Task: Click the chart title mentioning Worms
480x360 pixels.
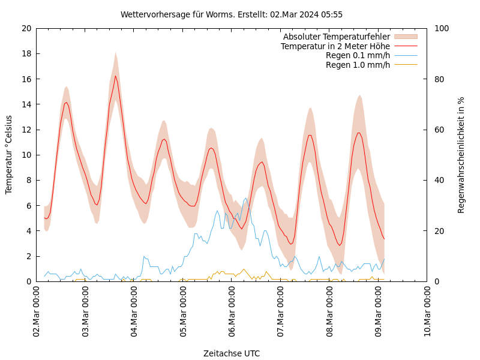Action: pos(232,14)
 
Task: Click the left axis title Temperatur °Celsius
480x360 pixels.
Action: pos(9,155)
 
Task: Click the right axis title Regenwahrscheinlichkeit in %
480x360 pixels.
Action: pos(461,155)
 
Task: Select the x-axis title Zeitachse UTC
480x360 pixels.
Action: pos(232,353)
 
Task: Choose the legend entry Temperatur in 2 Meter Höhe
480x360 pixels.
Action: pos(335,46)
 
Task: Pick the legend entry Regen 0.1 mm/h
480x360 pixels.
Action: pos(358,55)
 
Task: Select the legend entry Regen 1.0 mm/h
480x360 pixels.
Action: pos(358,64)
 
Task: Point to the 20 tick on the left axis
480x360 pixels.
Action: pos(26,28)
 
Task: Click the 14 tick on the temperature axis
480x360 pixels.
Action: pos(26,104)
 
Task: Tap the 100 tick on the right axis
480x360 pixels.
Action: pos(441,28)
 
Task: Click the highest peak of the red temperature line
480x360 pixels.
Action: pos(116,75)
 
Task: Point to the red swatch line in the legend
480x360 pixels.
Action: pos(406,46)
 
